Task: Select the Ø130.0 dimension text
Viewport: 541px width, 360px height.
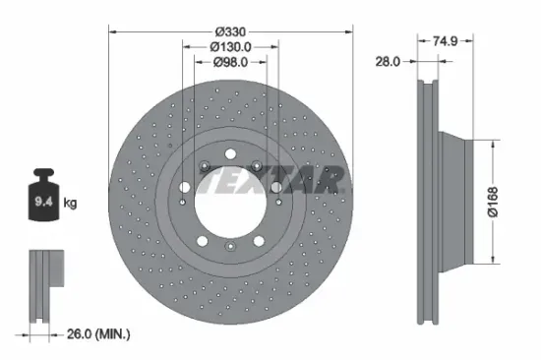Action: (230, 45)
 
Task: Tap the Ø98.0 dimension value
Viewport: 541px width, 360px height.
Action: (230, 64)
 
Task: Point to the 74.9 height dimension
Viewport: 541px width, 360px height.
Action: (446, 42)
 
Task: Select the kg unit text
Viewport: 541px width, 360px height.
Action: (70, 205)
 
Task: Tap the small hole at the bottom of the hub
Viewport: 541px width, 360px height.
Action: (230, 246)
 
